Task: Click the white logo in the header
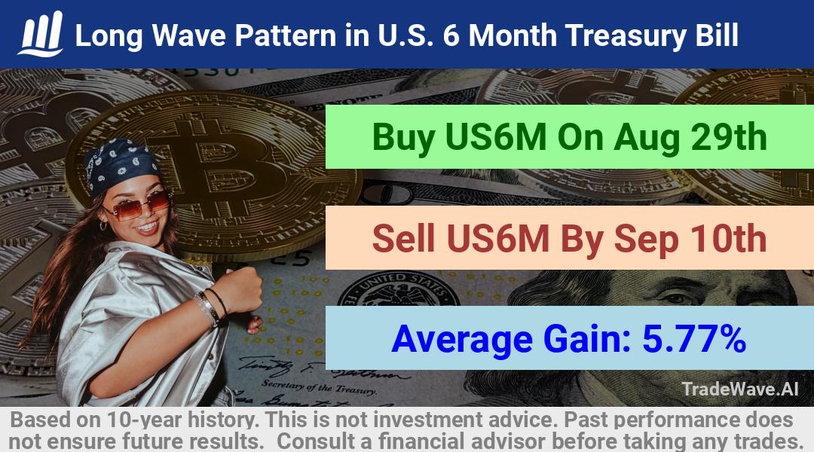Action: tap(41, 34)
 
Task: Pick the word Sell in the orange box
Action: tap(403, 238)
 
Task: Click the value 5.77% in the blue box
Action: tap(694, 339)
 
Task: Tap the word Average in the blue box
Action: tap(462, 340)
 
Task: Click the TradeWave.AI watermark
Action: tap(740, 389)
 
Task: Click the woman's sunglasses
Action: tap(138, 205)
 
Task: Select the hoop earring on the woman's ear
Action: tap(103, 226)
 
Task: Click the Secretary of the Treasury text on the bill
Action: tap(318, 386)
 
